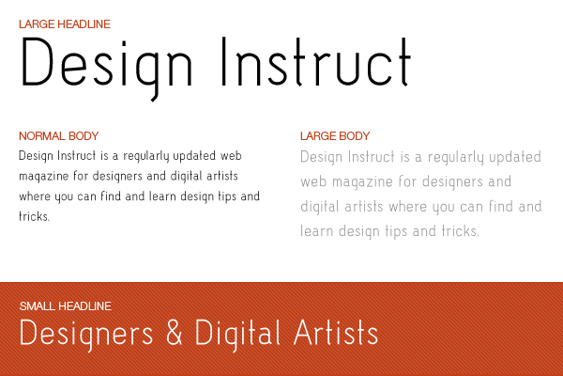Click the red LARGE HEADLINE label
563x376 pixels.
click(x=65, y=24)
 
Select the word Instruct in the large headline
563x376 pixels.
click(x=316, y=62)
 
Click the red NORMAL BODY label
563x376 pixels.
click(x=59, y=136)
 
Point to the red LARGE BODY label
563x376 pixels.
click(x=335, y=136)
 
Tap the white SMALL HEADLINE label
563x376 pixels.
click(x=66, y=306)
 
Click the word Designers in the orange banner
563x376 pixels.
click(x=86, y=335)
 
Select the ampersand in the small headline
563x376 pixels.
click(x=175, y=332)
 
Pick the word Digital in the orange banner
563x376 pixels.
click(x=237, y=335)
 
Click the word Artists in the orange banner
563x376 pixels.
click(x=336, y=332)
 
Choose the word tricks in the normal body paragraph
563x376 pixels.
click(x=34, y=216)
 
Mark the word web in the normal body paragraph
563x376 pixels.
click(x=231, y=156)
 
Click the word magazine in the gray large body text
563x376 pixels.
click(x=362, y=182)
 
